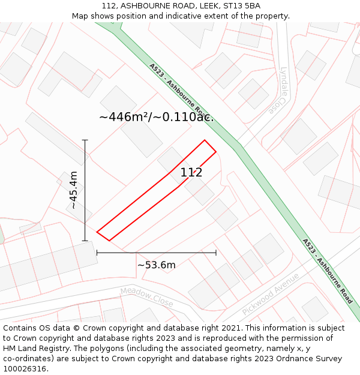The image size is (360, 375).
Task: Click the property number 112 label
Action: click(191, 173)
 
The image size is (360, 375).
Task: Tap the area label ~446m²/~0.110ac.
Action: click(156, 117)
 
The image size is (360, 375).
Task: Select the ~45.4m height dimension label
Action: click(73, 190)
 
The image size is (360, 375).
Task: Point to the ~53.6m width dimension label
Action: click(157, 265)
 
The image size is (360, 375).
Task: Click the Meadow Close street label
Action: click(146, 297)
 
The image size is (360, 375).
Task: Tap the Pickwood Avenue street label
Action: click(270, 294)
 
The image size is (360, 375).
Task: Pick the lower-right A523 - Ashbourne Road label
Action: click(328, 271)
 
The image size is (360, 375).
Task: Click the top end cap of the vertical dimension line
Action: click(85, 140)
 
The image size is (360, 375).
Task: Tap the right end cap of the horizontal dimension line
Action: click(216, 253)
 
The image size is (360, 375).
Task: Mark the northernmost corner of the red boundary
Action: click(205, 140)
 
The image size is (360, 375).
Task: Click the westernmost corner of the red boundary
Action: click(97, 232)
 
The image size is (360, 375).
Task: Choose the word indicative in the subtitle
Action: click(198, 16)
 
